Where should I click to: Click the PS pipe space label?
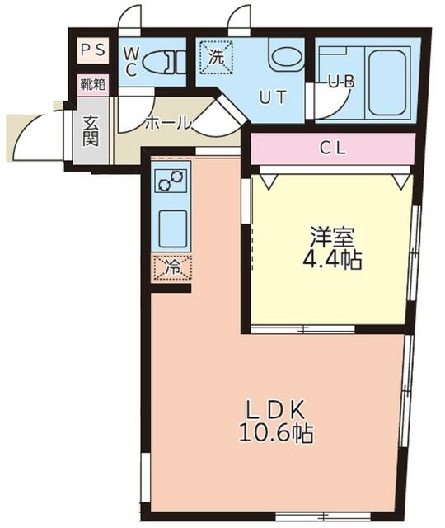[93, 50]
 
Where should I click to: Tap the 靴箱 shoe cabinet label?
[93, 84]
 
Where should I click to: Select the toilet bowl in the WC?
[164, 62]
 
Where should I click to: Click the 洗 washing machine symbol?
[216, 57]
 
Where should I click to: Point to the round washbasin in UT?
[286, 57]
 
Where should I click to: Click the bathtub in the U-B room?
[386, 82]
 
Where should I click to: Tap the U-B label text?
[341, 82]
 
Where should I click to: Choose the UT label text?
[273, 97]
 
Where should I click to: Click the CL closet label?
[332, 148]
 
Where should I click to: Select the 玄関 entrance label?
[91, 131]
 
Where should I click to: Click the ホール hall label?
[168, 123]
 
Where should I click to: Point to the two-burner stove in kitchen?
[171, 181]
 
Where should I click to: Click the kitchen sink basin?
[172, 229]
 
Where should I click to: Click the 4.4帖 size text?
[332, 260]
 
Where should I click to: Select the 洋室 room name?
[332, 237]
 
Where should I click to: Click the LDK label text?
[275, 409]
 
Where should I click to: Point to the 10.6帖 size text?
[276, 433]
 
